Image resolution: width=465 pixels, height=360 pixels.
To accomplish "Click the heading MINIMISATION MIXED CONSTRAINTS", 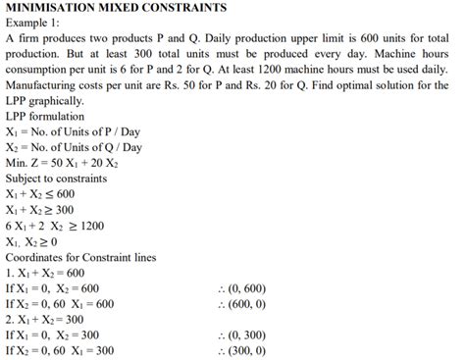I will (117, 8).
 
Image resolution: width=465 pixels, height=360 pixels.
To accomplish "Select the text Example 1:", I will (36, 23).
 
